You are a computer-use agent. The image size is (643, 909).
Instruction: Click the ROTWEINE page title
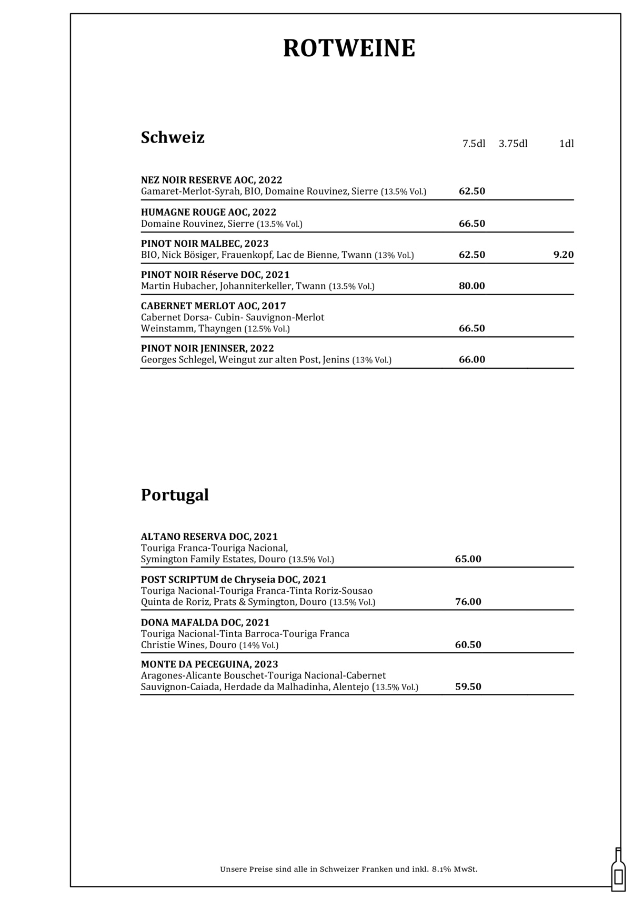(349, 48)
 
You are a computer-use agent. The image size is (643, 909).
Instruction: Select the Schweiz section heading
(173, 137)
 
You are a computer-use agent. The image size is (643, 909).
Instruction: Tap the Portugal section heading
(175, 495)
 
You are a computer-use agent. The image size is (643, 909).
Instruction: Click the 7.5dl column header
(474, 144)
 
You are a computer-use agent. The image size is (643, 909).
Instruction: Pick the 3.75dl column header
(513, 144)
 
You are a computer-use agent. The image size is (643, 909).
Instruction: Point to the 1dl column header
(566, 144)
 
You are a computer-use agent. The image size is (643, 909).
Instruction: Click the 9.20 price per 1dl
(563, 255)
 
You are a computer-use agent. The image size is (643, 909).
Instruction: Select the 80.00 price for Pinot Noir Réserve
(471, 286)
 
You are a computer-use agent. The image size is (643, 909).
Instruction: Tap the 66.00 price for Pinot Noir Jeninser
(471, 359)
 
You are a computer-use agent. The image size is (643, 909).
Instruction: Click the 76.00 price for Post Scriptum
(468, 601)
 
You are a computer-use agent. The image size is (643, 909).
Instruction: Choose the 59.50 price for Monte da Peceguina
(468, 686)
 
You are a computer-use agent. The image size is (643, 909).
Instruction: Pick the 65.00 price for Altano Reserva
(468, 559)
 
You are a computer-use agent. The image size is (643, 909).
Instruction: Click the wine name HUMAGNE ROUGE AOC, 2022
(208, 212)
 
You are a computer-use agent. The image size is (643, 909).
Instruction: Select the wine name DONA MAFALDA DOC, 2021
(205, 622)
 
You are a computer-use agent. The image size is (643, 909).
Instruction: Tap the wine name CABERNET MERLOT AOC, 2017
(213, 306)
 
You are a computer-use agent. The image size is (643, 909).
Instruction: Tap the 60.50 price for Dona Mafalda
(468, 644)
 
